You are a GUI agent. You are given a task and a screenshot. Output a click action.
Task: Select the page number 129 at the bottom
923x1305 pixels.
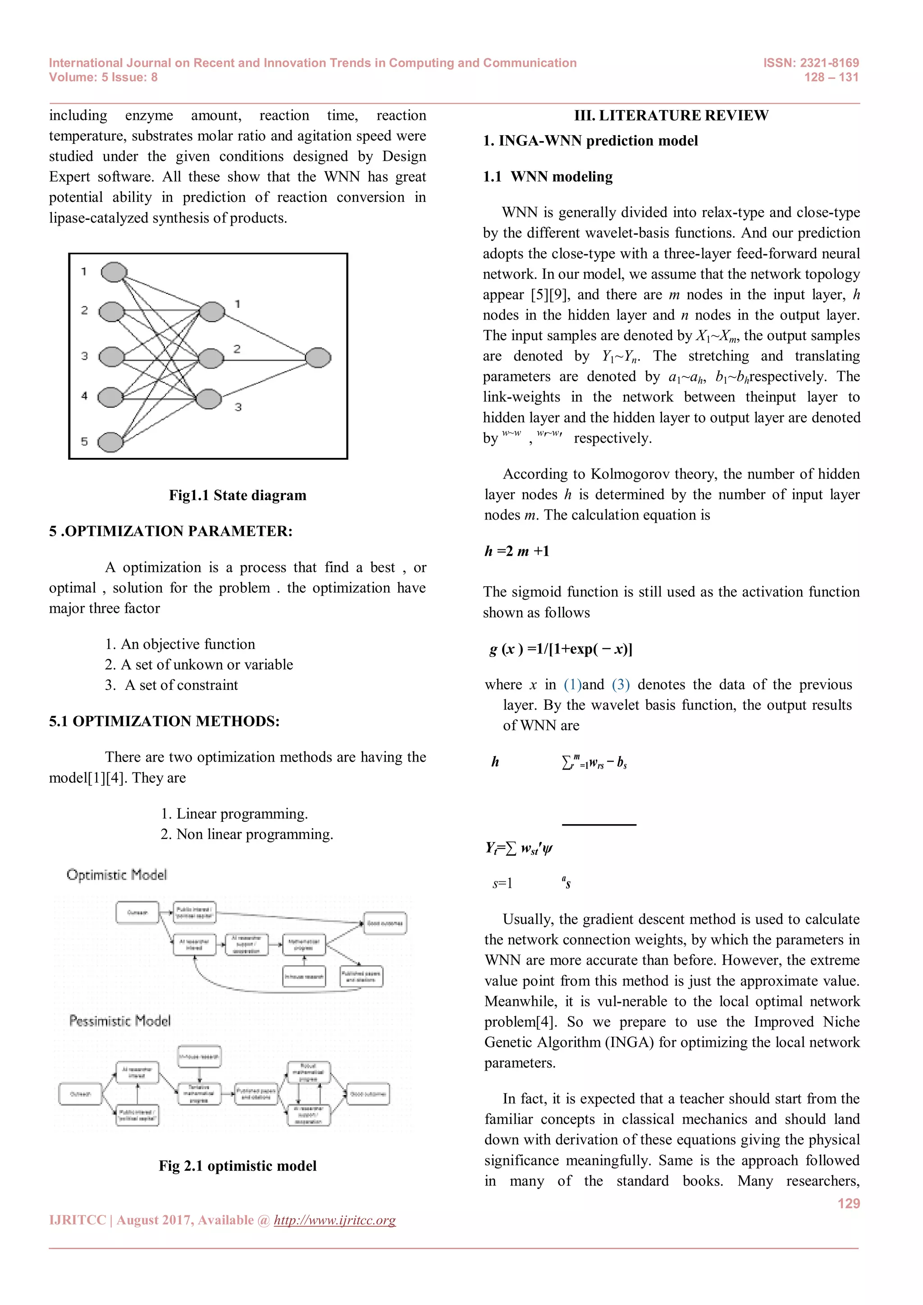pyautogui.click(x=849, y=1203)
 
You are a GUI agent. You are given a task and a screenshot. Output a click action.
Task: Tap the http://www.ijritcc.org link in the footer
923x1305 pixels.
pyautogui.click(x=334, y=1220)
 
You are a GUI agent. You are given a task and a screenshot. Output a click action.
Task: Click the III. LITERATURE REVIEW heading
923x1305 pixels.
pyautogui.click(x=671, y=115)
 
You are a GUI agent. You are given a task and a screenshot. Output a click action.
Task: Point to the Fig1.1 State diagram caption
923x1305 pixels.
pyautogui.click(x=237, y=495)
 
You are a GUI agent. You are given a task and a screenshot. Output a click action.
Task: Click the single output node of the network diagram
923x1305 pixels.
pyautogui.click(x=318, y=357)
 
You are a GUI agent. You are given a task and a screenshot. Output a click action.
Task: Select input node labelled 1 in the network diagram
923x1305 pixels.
pyautogui.click(x=114, y=272)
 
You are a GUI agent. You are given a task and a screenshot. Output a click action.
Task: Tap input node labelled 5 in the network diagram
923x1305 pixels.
pyautogui.click(x=111, y=442)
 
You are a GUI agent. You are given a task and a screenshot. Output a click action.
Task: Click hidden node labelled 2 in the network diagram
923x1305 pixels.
pyautogui.click(x=211, y=358)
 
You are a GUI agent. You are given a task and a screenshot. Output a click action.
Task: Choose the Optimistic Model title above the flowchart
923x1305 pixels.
pyautogui.click(x=117, y=875)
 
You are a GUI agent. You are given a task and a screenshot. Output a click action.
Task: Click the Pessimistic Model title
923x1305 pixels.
pyautogui.click(x=119, y=1021)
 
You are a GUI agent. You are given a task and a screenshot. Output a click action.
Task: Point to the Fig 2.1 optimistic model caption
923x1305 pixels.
pyautogui.click(x=237, y=1166)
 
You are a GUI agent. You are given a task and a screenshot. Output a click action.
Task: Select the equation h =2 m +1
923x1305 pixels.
pyautogui.click(x=516, y=551)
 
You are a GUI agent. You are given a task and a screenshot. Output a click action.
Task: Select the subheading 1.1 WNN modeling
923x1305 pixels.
pyautogui.click(x=548, y=177)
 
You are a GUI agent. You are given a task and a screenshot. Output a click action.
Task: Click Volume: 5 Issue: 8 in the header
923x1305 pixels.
pyautogui.click(x=104, y=78)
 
